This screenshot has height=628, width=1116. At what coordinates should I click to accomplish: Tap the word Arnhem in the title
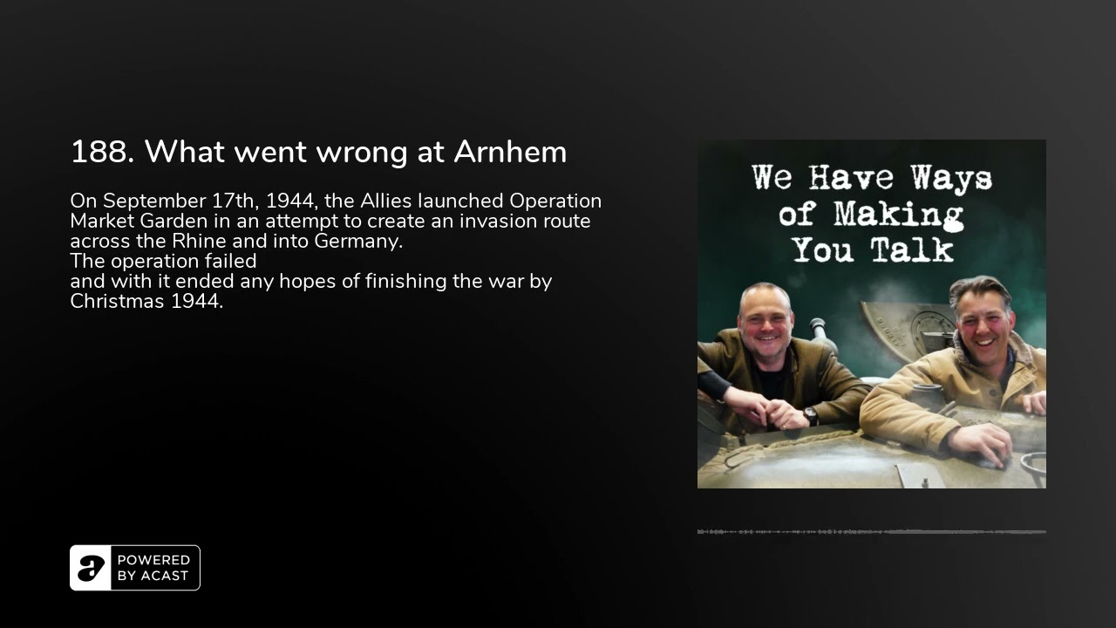pos(510,152)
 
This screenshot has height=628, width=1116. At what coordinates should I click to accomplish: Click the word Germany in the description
pos(358,242)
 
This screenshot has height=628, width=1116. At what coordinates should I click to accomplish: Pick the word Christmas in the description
pos(118,302)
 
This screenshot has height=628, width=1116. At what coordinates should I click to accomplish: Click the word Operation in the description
pos(555,201)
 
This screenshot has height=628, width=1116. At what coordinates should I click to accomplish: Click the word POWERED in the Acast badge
pos(153,560)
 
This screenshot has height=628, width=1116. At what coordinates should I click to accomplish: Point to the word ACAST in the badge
pos(165,576)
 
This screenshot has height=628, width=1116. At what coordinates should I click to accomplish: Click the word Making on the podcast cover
pos(898,216)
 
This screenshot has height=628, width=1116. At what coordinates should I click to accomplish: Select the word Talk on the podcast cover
pos(912,249)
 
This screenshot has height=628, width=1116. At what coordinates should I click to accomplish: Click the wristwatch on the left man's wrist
pos(810,416)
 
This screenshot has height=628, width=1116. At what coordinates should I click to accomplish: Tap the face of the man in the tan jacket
pos(983,328)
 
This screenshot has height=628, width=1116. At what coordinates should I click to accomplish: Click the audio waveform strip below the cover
pos(871,532)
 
